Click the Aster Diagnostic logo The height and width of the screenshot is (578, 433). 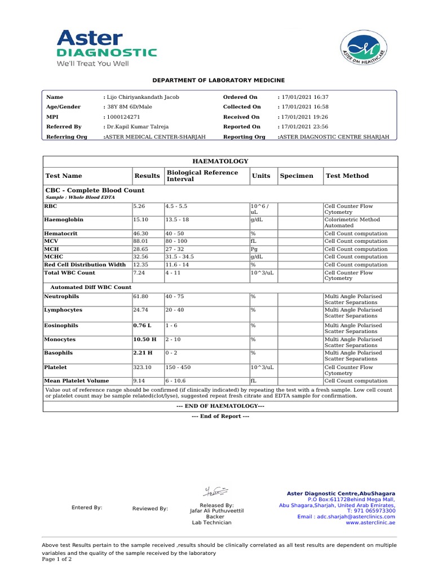(106, 48)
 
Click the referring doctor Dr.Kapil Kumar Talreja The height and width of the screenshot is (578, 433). (138, 127)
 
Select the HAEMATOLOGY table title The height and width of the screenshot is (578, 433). (220, 161)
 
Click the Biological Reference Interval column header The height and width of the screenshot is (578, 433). (202, 176)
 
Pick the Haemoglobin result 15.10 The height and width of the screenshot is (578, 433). (140, 220)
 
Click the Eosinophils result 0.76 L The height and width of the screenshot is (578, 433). (142, 326)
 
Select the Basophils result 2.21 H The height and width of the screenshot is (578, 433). (142, 353)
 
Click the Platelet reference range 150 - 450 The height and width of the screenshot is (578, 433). (178, 367)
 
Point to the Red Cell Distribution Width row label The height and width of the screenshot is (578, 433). (85, 265)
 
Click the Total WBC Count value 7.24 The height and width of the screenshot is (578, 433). (139, 273)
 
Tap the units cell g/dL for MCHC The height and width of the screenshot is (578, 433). (257, 257)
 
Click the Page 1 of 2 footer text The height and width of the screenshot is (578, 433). (57, 559)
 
